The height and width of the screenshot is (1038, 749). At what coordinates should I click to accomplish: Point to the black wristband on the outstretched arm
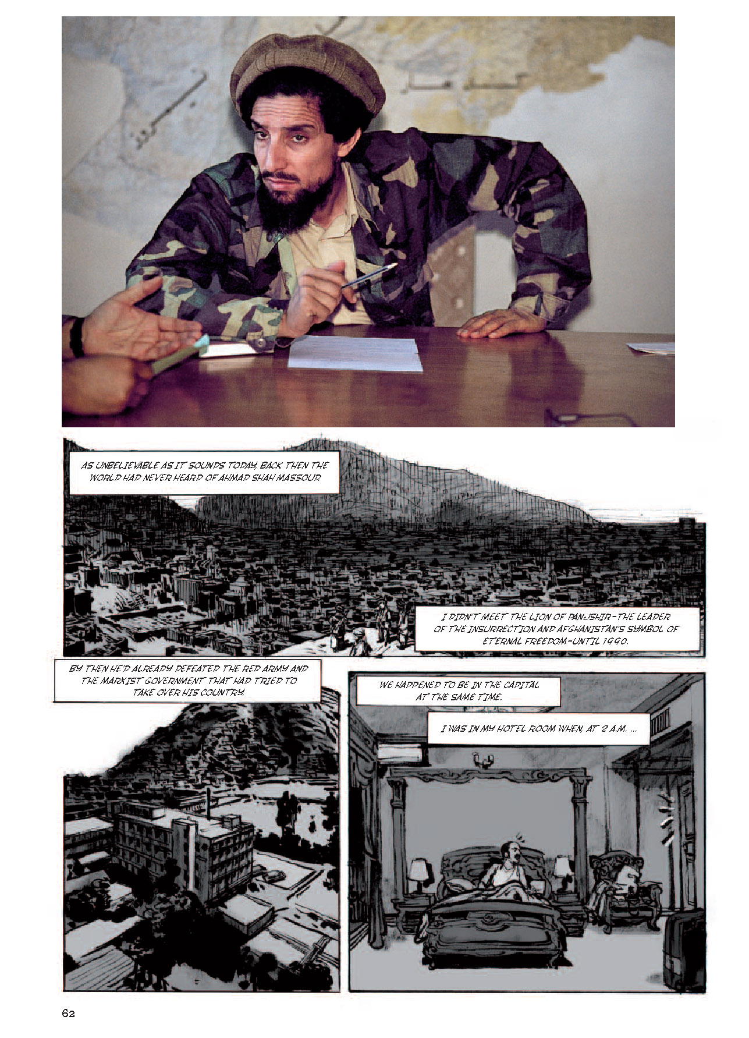pyautogui.click(x=76, y=338)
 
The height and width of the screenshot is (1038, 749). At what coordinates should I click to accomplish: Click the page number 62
pyautogui.click(x=68, y=1014)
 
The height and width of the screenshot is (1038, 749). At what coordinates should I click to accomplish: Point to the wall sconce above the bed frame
pyautogui.click(x=484, y=759)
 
